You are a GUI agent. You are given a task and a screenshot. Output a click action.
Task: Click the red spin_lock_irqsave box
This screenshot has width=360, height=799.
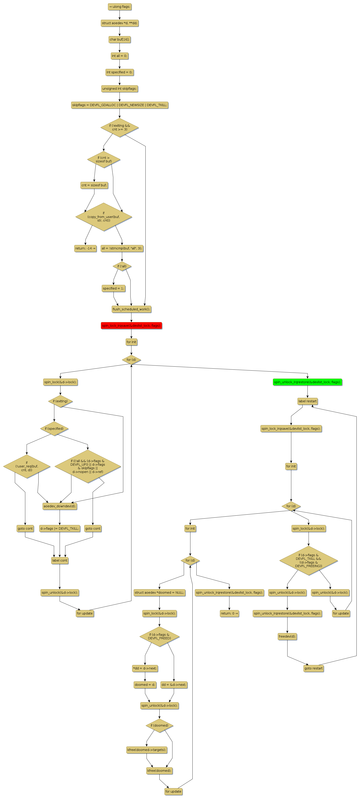[x=131, y=325]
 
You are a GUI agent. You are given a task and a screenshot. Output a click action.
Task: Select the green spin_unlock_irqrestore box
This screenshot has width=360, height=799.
[x=307, y=382]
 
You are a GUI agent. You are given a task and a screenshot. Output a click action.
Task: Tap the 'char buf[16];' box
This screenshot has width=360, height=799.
[x=119, y=39]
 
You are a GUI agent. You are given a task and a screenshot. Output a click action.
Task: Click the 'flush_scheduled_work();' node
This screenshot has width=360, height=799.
[x=131, y=309]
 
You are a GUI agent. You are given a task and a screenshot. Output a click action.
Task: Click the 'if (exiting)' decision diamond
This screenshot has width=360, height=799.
[x=60, y=401]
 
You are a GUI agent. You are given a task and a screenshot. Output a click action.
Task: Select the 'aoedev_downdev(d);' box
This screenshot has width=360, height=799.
[x=60, y=506]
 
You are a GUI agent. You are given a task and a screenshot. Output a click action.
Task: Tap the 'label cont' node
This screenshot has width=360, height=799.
[x=60, y=560]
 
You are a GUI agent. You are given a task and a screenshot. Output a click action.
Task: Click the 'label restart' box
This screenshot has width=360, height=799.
[x=307, y=401]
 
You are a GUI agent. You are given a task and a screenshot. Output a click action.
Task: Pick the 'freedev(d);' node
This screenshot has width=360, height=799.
[x=287, y=636]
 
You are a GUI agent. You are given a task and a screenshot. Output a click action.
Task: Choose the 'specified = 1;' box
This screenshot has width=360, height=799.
[x=113, y=288]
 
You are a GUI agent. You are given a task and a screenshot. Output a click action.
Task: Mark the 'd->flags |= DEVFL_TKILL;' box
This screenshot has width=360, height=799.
[x=60, y=528]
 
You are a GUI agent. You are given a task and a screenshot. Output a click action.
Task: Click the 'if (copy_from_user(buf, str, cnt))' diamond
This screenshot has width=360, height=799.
[x=104, y=217]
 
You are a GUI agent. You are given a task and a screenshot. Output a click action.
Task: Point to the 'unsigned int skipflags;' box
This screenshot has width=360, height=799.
[x=119, y=88]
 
